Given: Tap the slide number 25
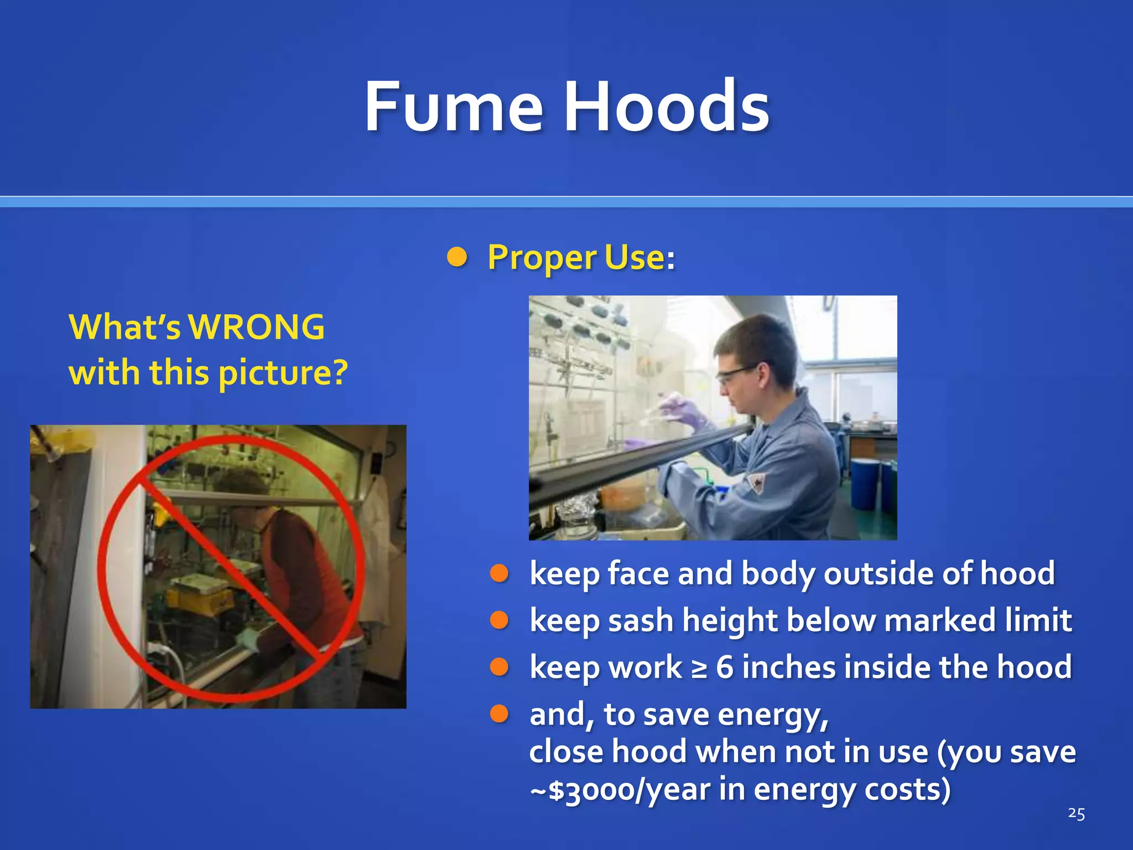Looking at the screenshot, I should click(1076, 813).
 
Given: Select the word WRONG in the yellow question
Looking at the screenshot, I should click(257, 327).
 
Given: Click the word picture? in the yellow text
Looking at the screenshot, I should click(283, 373).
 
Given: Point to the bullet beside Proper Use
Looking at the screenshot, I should click(457, 257).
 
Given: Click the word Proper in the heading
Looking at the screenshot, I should click(542, 258).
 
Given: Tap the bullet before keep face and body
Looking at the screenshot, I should click(499, 573).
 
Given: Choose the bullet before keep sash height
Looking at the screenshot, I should click(499, 620).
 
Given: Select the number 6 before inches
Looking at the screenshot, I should click(725, 667).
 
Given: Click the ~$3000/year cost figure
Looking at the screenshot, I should click(620, 790).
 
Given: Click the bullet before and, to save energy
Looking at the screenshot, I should click(499, 714).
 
